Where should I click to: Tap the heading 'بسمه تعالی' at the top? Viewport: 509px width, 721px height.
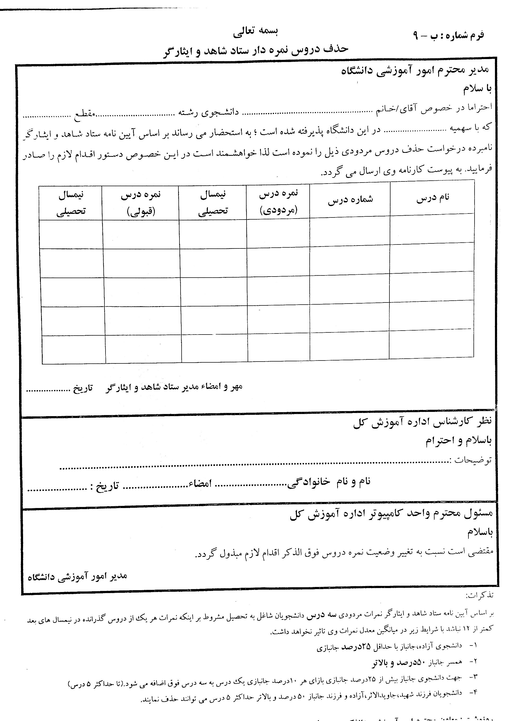pos(256,32)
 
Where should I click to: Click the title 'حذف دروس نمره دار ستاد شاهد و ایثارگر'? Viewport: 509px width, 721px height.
pos(256,50)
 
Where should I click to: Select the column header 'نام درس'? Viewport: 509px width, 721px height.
pos(433,198)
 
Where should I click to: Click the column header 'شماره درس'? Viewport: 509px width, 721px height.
pos(350,200)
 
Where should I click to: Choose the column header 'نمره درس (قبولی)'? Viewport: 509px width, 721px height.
pos(141,203)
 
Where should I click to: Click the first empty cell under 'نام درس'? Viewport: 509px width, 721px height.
pos(432,228)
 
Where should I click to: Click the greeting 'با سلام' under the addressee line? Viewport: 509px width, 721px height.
pos(477,89)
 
